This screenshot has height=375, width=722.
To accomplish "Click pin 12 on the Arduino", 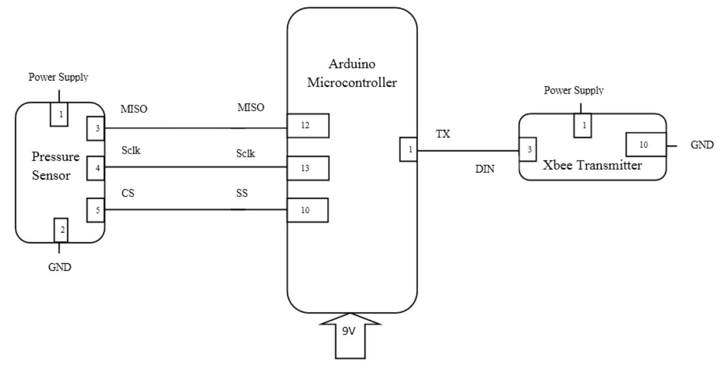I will point(308,126).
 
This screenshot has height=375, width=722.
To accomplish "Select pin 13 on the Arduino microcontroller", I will point(308,169).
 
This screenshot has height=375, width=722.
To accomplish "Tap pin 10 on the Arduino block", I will point(308,210).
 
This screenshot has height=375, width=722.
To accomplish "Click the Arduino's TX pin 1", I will point(408,149).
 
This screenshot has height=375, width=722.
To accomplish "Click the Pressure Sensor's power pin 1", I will point(60,114).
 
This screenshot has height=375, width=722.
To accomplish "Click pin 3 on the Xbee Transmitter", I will point(528,149).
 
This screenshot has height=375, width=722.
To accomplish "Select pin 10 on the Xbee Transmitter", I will point(646,144).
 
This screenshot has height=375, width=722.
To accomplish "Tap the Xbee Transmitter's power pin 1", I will point(583,125).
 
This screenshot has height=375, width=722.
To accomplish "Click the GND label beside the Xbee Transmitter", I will point(701,145).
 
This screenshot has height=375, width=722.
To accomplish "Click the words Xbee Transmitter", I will point(592,166).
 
